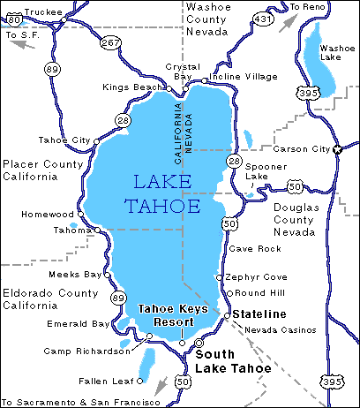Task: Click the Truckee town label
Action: [44, 11]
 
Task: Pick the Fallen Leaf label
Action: [100, 382]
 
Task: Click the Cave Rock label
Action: [248, 249]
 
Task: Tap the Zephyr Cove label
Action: [256, 276]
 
